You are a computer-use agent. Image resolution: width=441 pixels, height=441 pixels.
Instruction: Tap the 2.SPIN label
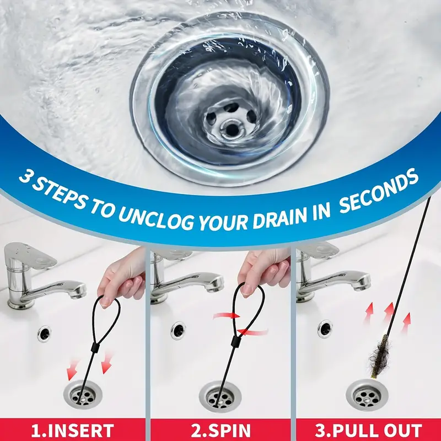pos(220,429)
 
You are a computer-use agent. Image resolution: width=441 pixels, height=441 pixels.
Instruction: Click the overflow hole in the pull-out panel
pos(325,329)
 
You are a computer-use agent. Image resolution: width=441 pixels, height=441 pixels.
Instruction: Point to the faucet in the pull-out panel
pos(325,276)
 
